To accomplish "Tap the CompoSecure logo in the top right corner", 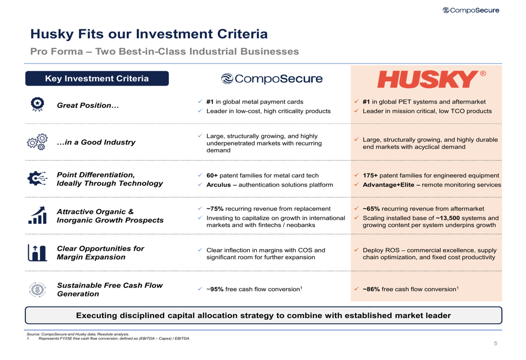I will point(471,10).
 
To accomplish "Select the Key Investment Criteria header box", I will point(97,79).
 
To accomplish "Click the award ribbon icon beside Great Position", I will point(37,105).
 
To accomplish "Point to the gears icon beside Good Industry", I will point(37,142).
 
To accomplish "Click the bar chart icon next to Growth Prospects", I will point(37,215).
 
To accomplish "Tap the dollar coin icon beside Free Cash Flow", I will point(37,289).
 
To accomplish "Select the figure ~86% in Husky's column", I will point(371,289).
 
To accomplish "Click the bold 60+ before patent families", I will point(212,176).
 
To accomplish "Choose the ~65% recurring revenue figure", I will point(371,209).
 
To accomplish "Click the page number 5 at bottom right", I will point(495,344).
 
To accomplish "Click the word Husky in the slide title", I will point(50,35).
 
